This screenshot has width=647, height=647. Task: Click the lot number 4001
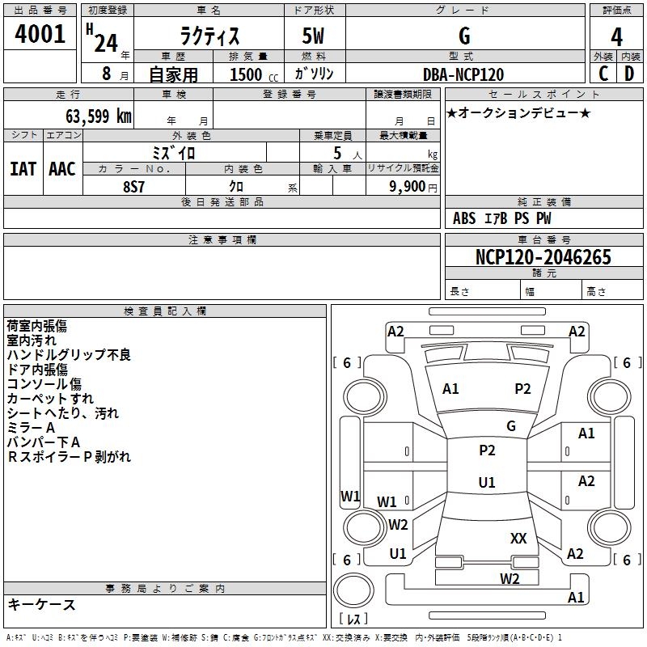point(40,34)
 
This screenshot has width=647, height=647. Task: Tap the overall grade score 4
point(616,36)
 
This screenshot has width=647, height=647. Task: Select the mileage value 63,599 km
point(99,116)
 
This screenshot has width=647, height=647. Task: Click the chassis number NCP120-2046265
point(543,256)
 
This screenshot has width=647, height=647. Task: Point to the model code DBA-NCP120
point(463,74)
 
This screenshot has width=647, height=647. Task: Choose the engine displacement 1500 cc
point(254,74)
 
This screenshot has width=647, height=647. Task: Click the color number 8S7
point(133,187)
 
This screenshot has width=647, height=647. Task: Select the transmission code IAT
point(23,169)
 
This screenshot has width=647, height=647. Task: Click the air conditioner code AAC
point(62,169)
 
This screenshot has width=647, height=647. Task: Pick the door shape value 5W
point(313,36)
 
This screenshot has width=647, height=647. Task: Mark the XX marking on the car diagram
point(518,538)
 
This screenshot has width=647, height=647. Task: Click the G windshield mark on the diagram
point(511,426)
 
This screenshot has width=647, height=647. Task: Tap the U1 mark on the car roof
point(487,482)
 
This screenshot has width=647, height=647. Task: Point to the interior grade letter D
point(629,74)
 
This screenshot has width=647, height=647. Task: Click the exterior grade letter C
point(603,74)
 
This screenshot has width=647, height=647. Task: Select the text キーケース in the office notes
point(42,604)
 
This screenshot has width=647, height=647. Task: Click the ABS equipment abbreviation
point(464,218)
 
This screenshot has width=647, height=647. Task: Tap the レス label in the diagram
point(353,618)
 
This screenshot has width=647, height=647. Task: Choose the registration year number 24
point(106,43)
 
